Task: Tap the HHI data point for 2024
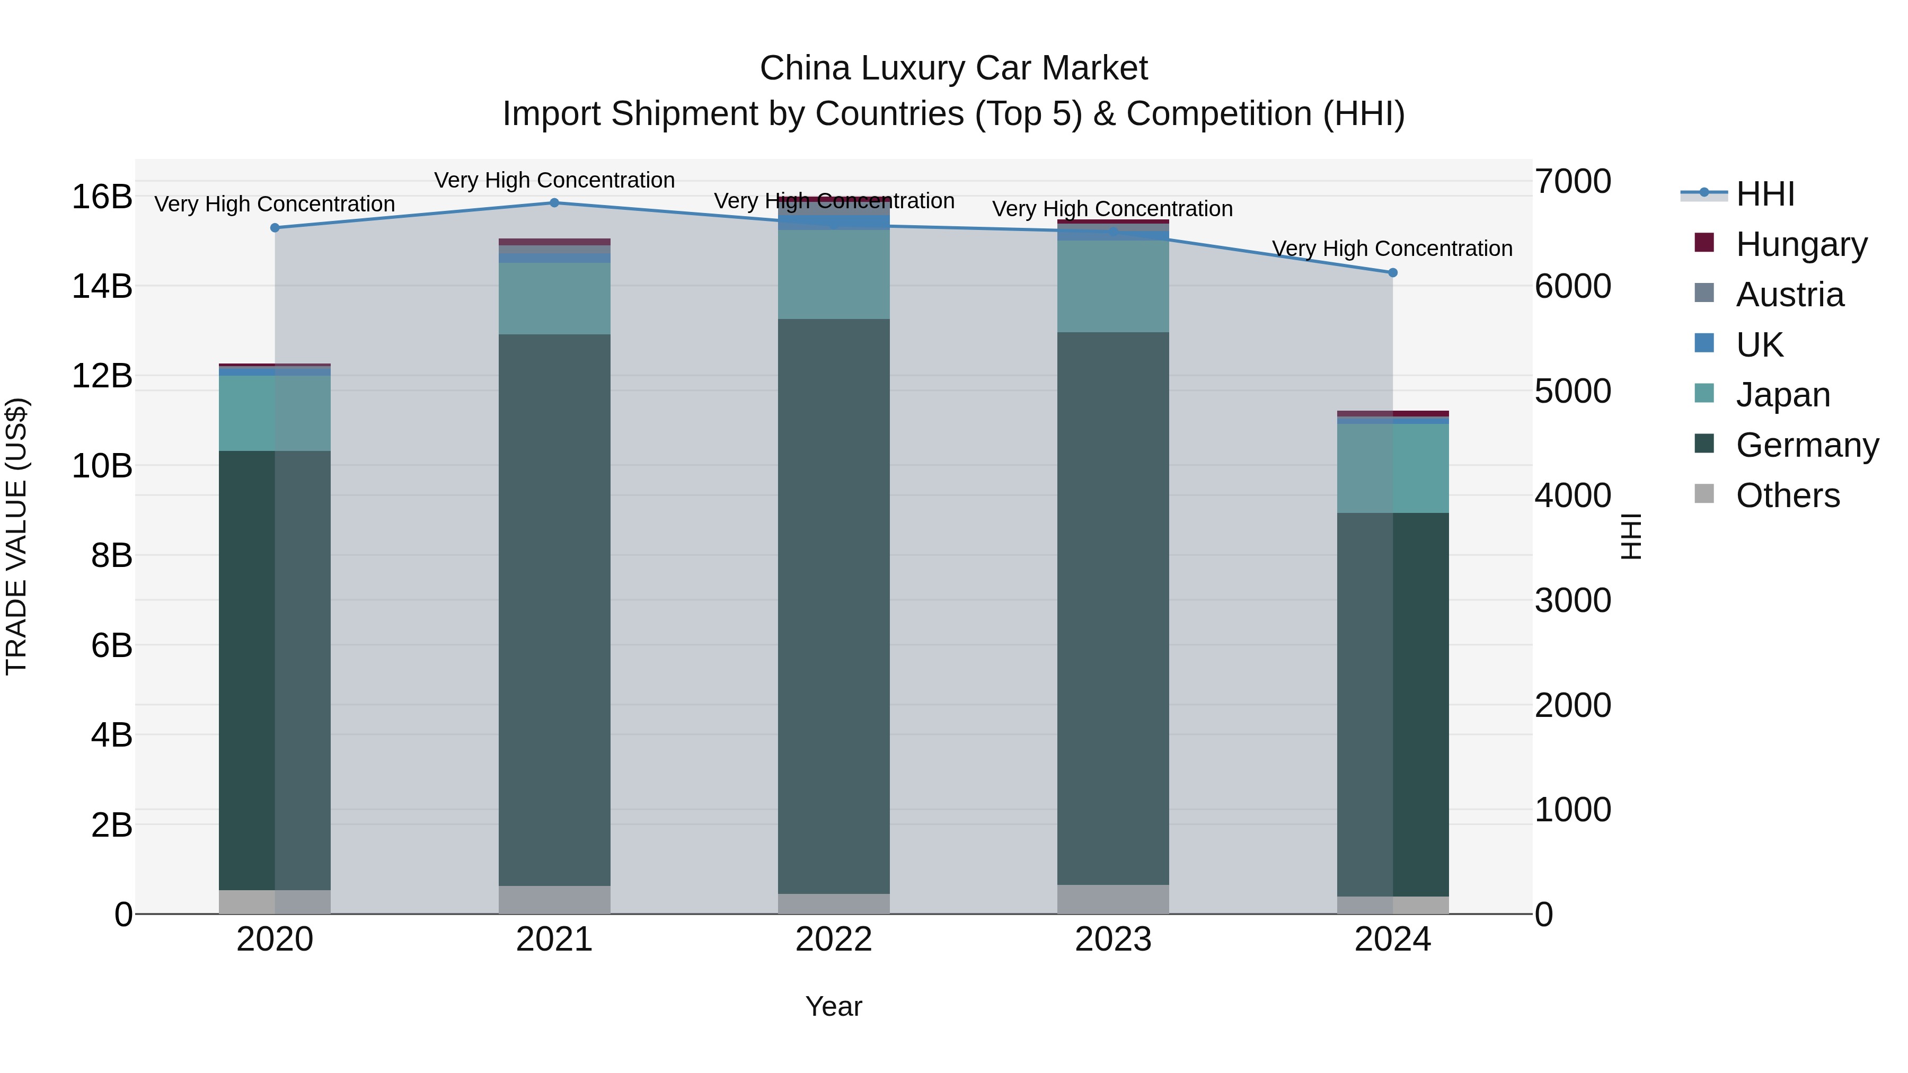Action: pyautogui.click(x=1392, y=272)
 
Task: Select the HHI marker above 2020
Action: pyautogui.click(x=275, y=228)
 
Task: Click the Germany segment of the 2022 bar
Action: pyautogui.click(x=833, y=607)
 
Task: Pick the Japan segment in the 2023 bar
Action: pyautogui.click(x=1112, y=287)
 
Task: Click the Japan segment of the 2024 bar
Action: pyautogui.click(x=1392, y=468)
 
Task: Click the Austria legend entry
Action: pyautogui.click(x=1789, y=295)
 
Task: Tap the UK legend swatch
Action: pyautogui.click(x=1704, y=343)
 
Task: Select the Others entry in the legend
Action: pyautogui.click(x=1787, y=495)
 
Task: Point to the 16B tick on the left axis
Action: pyautogui.click(x=102, y=197)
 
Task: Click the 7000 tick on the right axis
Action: pyautogui.click(x=1573, y=181)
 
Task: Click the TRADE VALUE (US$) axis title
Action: pyautogui.click(x=16, y=536)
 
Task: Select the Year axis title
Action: pyautogui.click(x=833, y=1006)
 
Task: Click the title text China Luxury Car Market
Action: pyautogui.click(x=953, y=68)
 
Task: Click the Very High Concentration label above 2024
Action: pyautogui.click(x=1392, y=249)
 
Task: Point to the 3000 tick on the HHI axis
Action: pyautogui.click(x=1573, y=600)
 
